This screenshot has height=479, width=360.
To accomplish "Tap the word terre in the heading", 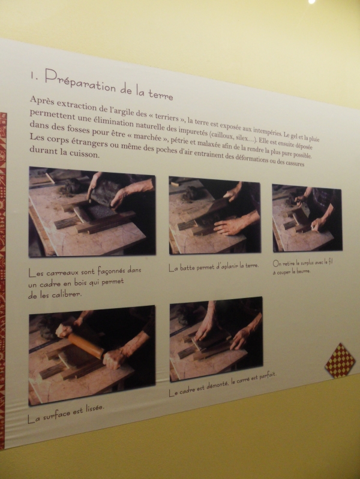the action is click(x=161, y=94).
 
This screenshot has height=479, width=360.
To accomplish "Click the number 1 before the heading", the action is click(x=34, y=76).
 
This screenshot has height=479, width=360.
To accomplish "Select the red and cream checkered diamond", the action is click(x=340, y=360).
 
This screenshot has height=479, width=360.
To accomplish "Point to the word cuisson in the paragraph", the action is click(x=84, y=153).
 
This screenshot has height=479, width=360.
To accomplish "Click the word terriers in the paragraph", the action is click(x=167, y=117).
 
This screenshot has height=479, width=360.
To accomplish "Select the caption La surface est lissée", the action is click(x=66, y=414).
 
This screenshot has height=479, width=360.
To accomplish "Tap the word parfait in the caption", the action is click(x=268, y=375).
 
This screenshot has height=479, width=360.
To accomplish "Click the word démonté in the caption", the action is click(x=218, y=385).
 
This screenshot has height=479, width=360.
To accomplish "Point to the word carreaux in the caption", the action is click(x=63, y=272).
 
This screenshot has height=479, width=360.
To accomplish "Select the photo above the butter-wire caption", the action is click(x=307, y=218).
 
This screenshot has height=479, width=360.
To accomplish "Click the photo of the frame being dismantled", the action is click(x=216, y=339).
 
